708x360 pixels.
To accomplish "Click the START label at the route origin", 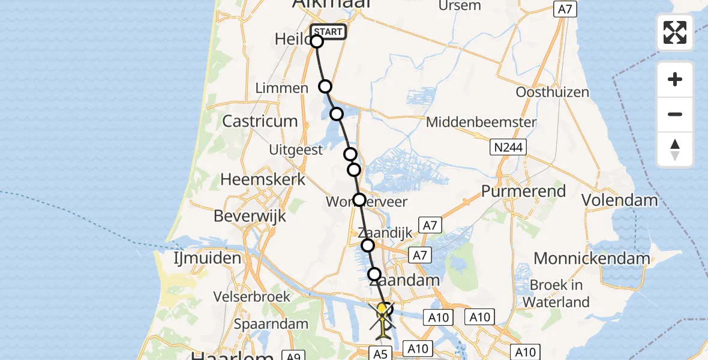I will pyautogui.click(x=328, y=32).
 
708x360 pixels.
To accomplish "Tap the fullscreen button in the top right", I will pyautogui.click(x=675, y=32).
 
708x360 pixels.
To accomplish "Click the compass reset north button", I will pyautogui.click(x=675, y=150).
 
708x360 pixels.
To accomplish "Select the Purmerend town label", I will pyautogui.click(x=524, y=191).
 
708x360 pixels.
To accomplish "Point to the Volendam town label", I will pyautogui.click(x=620, y=199).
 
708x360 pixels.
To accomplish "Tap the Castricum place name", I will pyautogui.click(x=260, y=121).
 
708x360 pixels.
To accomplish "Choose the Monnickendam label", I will pyautogui.click(x=592, y=259).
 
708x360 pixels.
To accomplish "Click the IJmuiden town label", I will pyautogui.click(x=199, y=259).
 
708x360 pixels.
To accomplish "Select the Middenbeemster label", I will pyautogui.click(x=481, y=122).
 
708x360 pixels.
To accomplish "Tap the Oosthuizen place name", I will pyautogui.click(x=552, y=92).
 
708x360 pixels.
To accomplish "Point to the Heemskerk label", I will pyautogui.click(x=263, y=179).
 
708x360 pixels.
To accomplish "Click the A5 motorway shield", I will pyautogui.click(x=380, y=354).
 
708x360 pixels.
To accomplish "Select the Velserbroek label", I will pyautogui.click(x=253, y=296).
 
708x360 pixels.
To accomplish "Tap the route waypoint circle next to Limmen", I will pyautogui.click(x=325, y=86).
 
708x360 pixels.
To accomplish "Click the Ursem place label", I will pyautogui.click(x=460, y=6).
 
